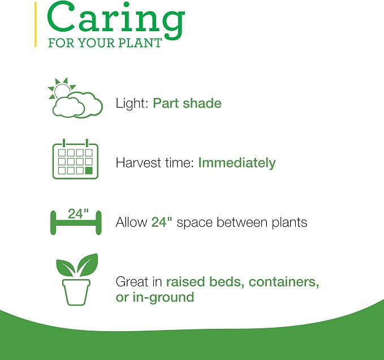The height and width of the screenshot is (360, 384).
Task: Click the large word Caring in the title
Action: click(116, 20)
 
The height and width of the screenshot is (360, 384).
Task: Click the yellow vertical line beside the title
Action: click(36, 24)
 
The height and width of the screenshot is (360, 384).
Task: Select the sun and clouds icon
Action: click(76, 98)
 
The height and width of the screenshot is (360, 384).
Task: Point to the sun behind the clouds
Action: click(62, 89)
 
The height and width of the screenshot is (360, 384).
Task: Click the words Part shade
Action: click(187, 103)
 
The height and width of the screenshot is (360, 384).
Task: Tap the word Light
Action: click(132, 104)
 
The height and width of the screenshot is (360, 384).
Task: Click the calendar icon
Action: click(75, 159)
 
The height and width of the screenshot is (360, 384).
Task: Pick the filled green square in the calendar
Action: click(89, 170)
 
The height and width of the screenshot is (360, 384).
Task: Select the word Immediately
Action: click(237, 163)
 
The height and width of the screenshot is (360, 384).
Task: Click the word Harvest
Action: click(138, 162)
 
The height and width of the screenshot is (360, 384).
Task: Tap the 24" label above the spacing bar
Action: click(78, 214)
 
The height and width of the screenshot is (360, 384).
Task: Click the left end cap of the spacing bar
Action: click(53, 222)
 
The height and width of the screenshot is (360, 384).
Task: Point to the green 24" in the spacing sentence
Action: click(162, 222)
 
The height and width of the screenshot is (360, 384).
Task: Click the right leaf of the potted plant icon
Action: click(88, 264)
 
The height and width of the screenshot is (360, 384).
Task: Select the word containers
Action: click(283, 282)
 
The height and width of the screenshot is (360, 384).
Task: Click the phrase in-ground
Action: click(163, 297)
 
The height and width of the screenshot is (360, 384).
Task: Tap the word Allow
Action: click(132, 222)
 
